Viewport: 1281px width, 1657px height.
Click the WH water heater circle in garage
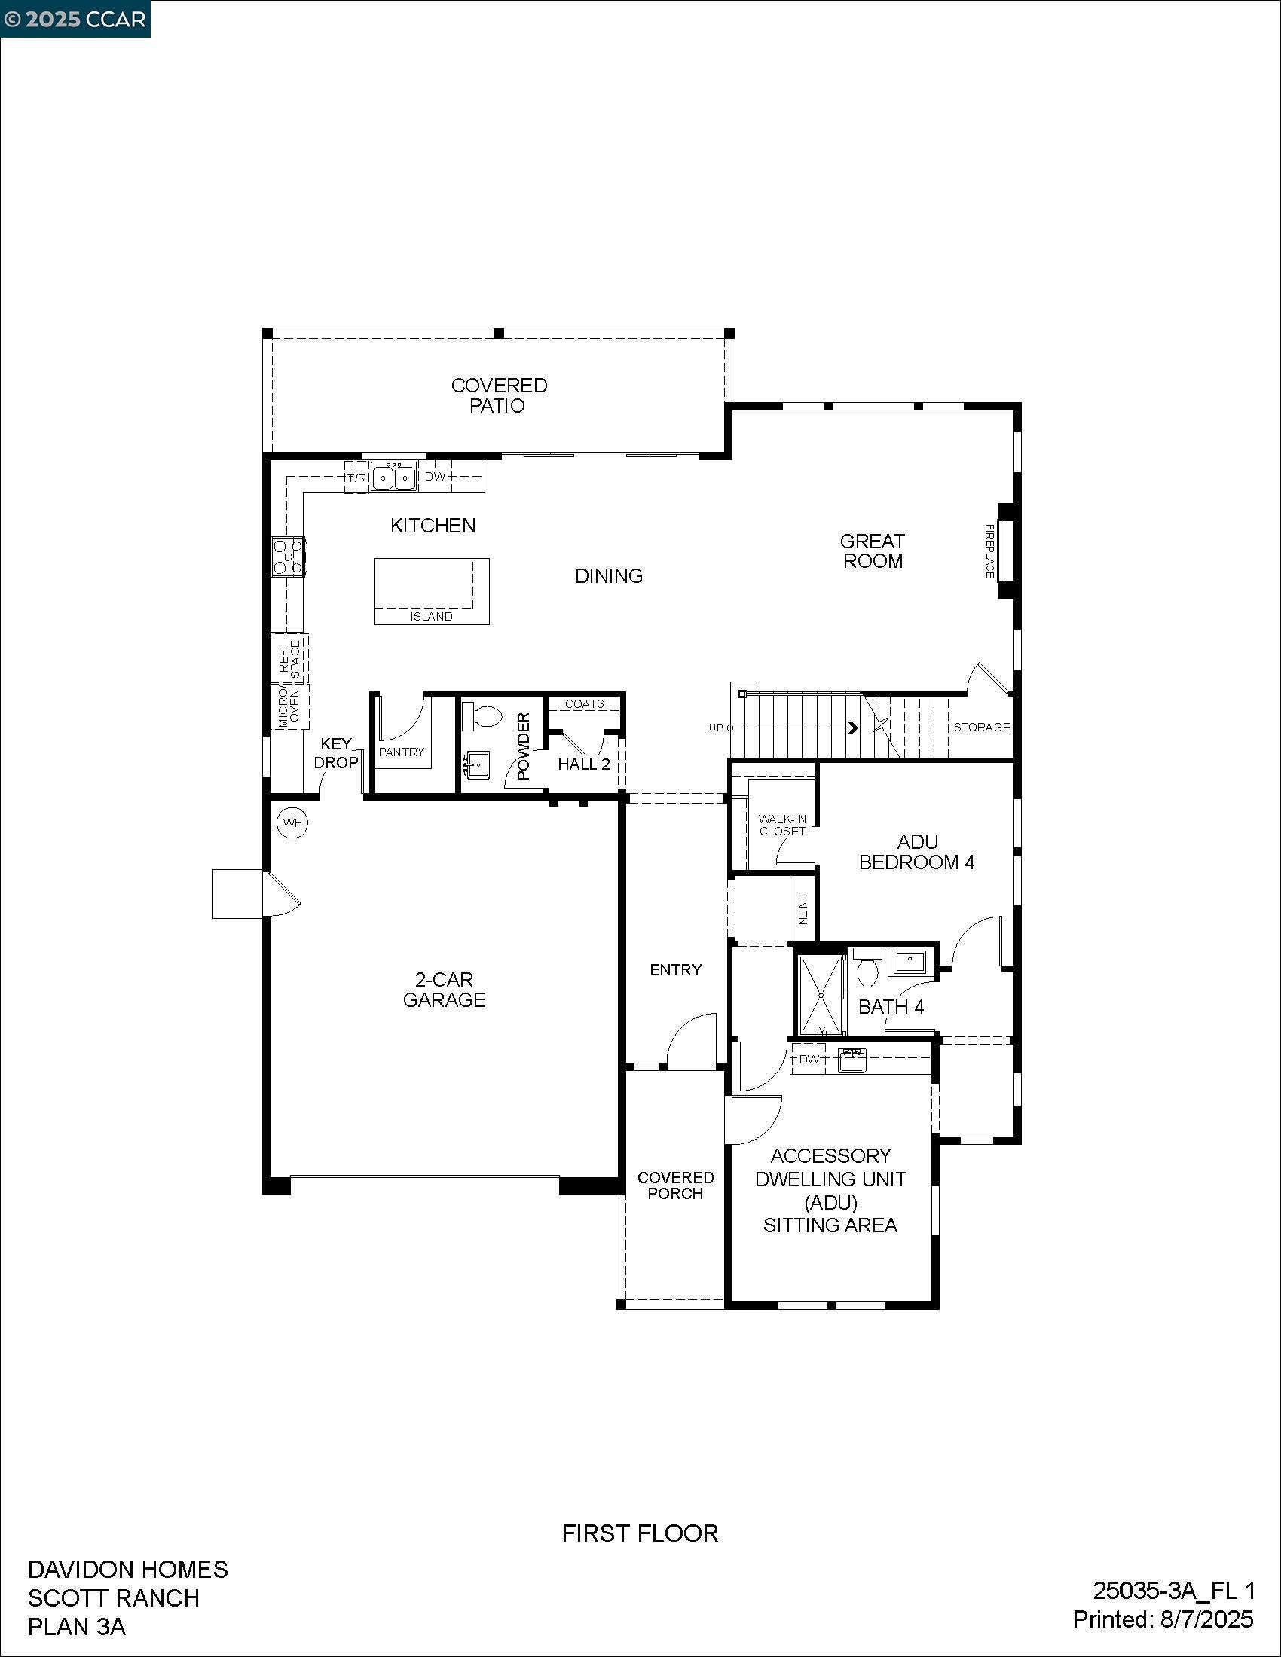(x=292, y=822)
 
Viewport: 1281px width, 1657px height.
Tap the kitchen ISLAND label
(x=431, y=617)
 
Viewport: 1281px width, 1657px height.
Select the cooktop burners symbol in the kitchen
(x=289, y=557)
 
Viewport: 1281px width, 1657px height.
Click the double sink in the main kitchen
(x=395, y=477)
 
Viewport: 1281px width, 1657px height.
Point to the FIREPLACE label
(x=989, y=551)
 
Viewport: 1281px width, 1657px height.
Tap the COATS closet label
(x=584, y=704)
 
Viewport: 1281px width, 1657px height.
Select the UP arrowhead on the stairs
(x=853, y=728)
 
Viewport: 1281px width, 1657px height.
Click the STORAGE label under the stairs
(x=981, y=727)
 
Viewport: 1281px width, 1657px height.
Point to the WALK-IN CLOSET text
(x=781, y=825)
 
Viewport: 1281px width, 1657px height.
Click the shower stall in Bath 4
(x=821, y=996)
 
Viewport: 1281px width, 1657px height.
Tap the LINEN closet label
(x=803, y=907)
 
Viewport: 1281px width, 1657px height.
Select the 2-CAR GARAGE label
(x=444, y=990)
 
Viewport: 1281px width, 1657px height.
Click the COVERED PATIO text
(x=499, y=395)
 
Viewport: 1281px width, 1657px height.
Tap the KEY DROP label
(x=335, y=753)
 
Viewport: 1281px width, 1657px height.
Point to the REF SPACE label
(x=290, y=659)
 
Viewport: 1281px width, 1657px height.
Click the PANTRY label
(x=402, y=752)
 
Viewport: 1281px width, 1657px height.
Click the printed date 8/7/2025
(x=1206, y=1620)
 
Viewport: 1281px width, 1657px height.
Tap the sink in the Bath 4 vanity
(x=910, y=962)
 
